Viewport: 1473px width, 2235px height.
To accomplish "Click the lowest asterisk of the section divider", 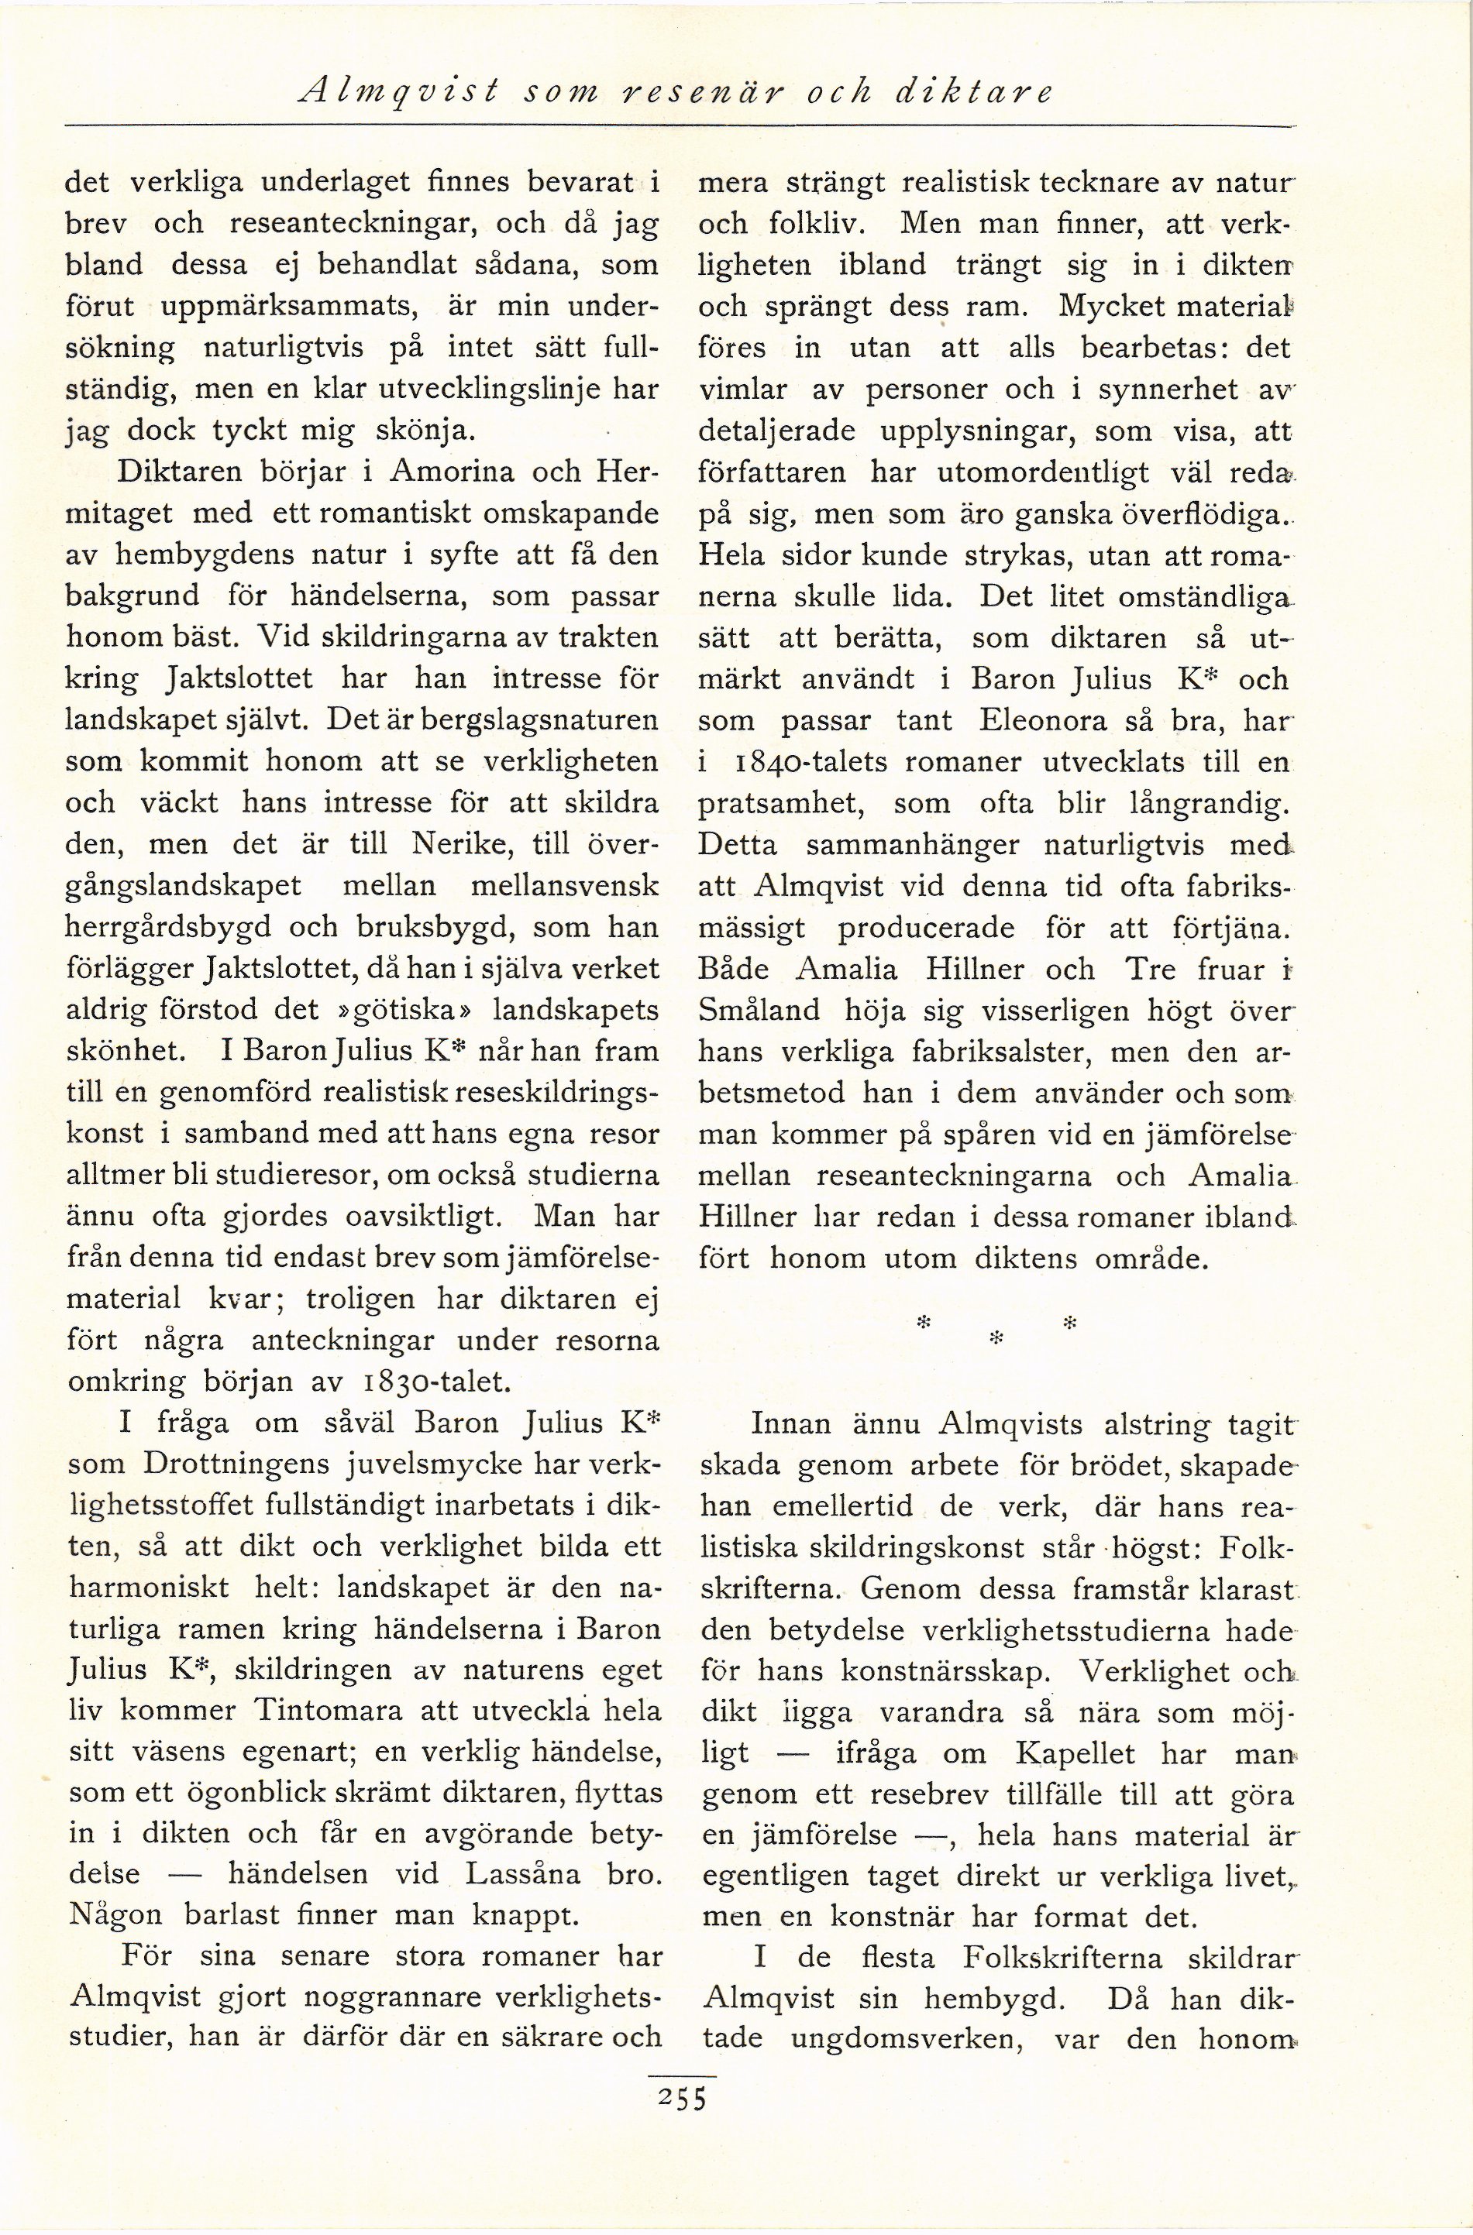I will [x=998, y=1334].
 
